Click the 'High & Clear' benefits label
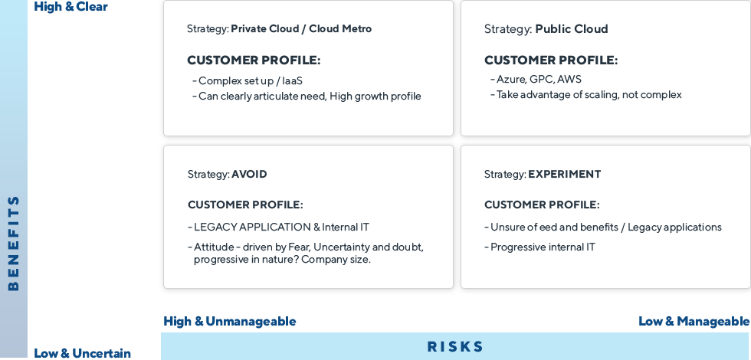[x=71, y=7]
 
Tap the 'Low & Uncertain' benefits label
[x=82, y=353]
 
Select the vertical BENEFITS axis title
[x=14, y=244]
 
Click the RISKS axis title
[x=455, y=346]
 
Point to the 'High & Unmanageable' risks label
[x=229, y=321]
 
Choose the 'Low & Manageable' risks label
[x=694, y=321]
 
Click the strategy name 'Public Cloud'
[x=572, y=29]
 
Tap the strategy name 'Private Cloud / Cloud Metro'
[x=301, y=29]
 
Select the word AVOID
[x=249, y=175]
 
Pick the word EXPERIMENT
[x=564, y=175]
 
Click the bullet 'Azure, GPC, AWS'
[x=536, y=80]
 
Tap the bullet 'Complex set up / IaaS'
[x=248, y=81]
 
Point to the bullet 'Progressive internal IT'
[x=539, y=247]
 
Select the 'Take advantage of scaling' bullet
[x=586, y=95]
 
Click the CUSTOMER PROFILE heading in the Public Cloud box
[x=551, y=61]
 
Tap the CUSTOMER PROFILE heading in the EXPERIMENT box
[x=542, y=205]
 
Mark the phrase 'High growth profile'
[x=375, y=97]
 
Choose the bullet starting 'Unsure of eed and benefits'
[x=603, y=227]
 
